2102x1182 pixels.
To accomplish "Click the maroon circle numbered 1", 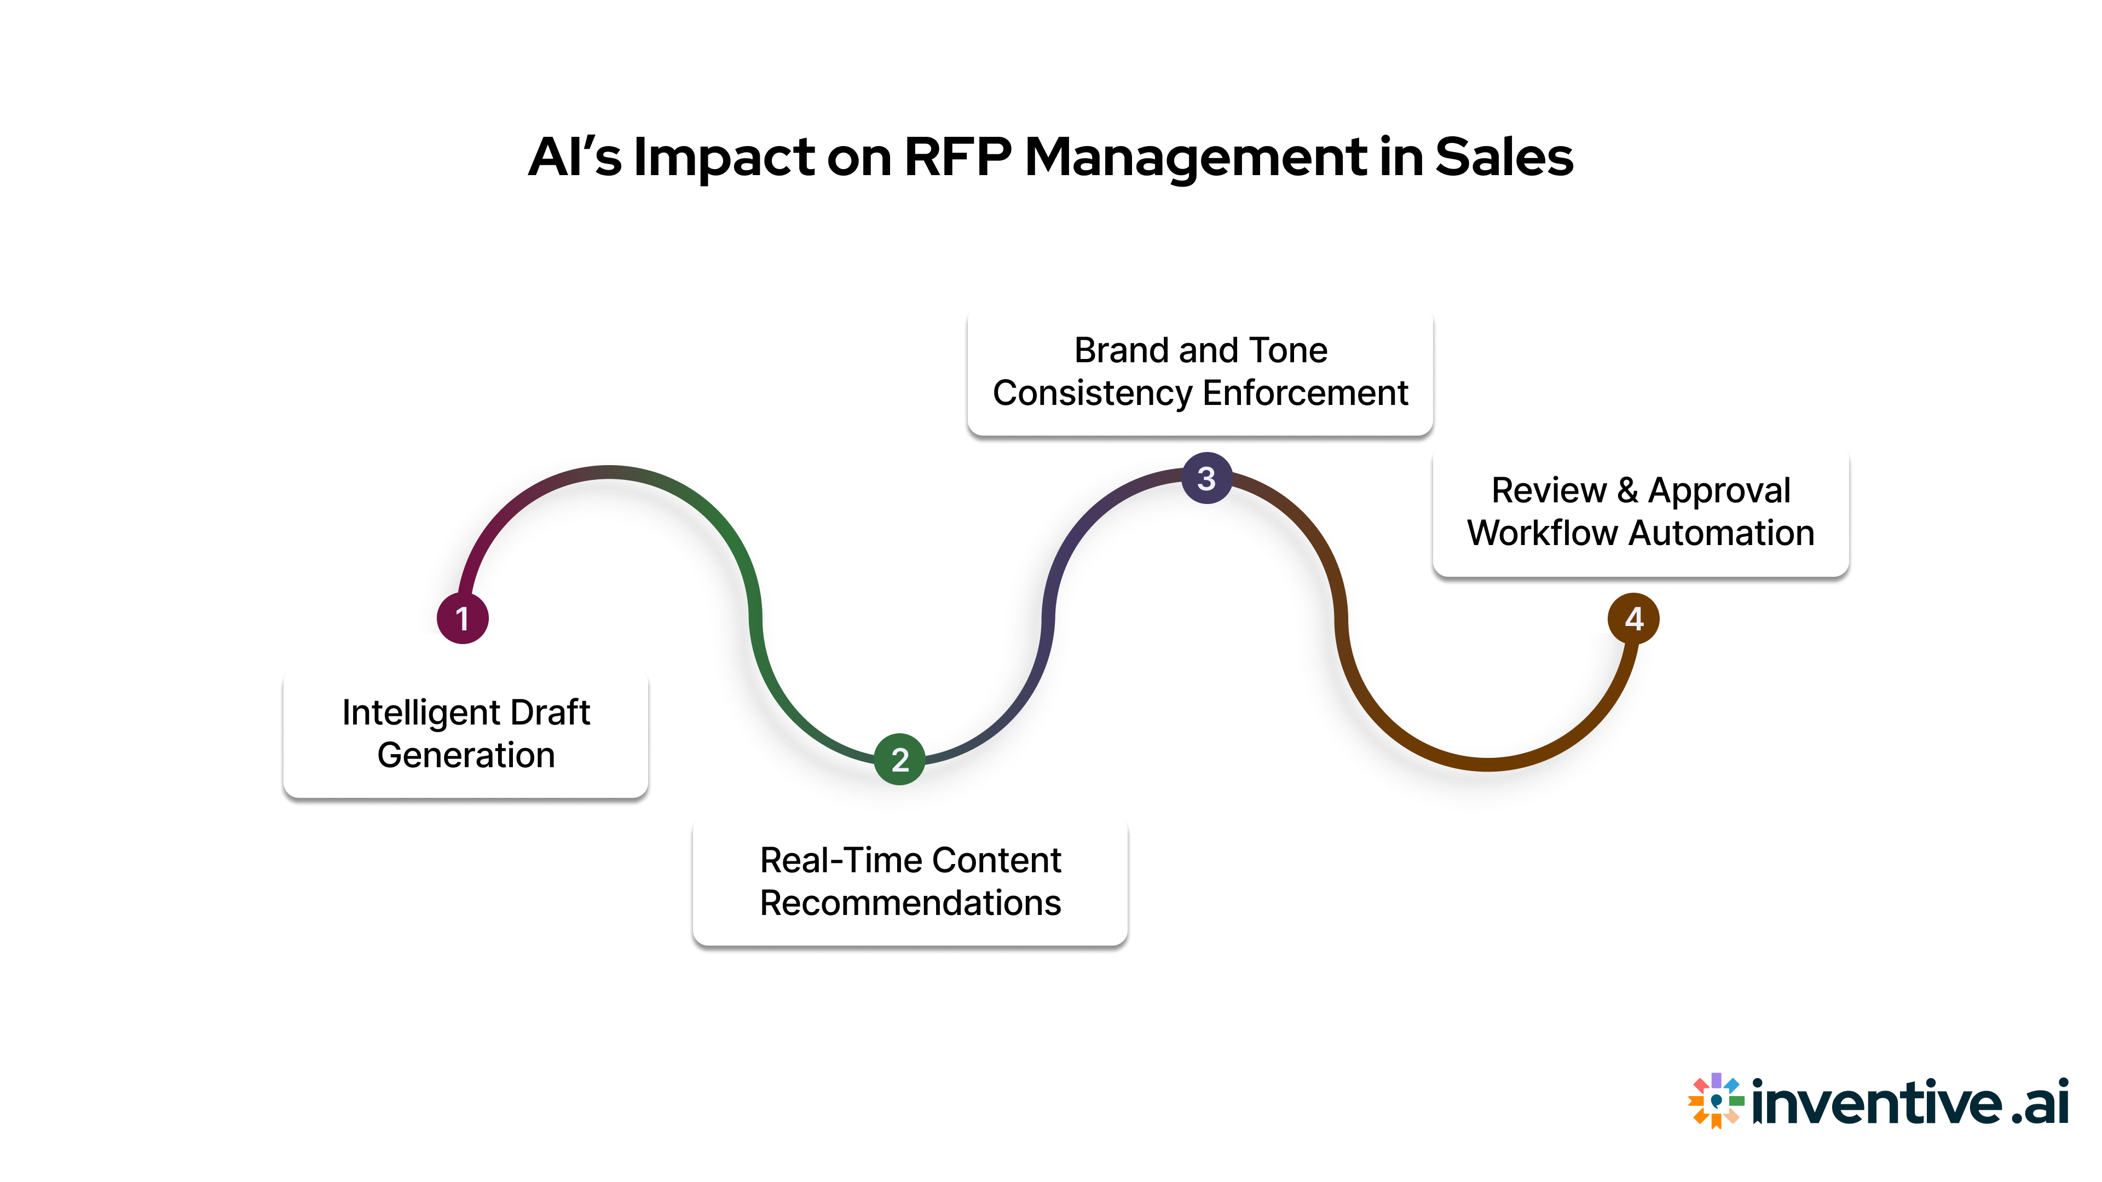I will pyautogui.click(x=463, y=618).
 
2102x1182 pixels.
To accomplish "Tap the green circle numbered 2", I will pyautogui.click(x=899, y=760).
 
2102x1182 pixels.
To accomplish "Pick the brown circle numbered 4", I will pyautogui.click(x=1633, y=618).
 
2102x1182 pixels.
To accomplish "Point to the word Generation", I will pyautogui.click(x=466, y=755).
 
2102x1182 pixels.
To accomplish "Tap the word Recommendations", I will pyautogui.click(x=910, y=903).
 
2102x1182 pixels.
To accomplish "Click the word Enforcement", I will pyautogui.click(x=1305, y=393).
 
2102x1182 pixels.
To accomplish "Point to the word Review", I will pyautogui.click(x=1548, y=490).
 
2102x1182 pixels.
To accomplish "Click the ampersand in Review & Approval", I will pyautogui.click(x=1627, y=490).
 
